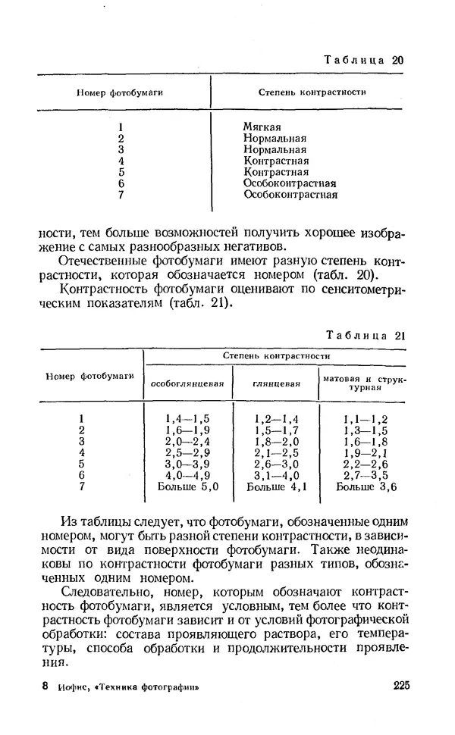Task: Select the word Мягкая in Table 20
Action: pos(262,127)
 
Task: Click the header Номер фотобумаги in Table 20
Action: pos(120,92)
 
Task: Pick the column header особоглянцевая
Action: pos(187,383)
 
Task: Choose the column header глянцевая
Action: pos(276,383)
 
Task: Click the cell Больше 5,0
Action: pos(187,486)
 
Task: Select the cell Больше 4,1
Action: pos(276,486)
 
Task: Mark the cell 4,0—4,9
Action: pos(187,475)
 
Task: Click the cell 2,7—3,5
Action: pos(366,475)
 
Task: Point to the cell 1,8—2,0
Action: pos(276,441)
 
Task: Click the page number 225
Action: pos(402,687)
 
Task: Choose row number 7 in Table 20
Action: pos(121,195)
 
